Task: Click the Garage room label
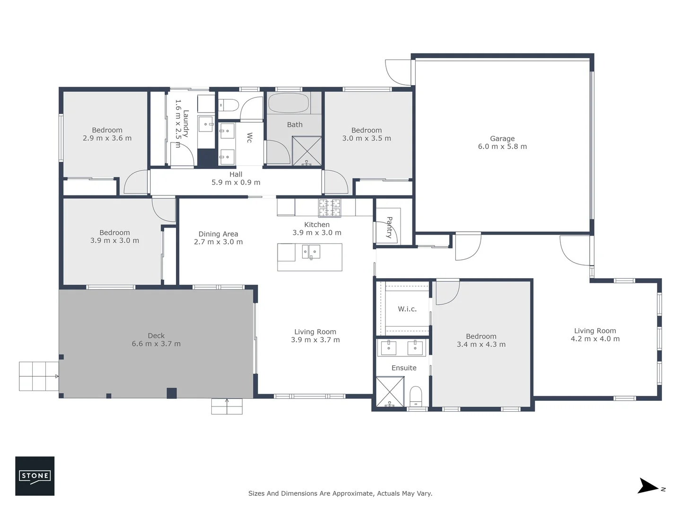(502, 139)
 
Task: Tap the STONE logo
(35, 476)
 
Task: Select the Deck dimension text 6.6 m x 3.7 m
(156, 344)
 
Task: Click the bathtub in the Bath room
(288, 103)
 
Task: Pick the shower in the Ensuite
(390, 391)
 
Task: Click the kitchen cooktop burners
(329, 208)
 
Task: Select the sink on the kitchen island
(311, 252)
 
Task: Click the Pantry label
(389, 227)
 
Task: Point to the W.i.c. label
(407, 309)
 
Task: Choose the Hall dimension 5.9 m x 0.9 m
(236, 182)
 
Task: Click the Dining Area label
(218, 234)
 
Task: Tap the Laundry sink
(206, 124)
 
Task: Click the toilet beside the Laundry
(230, 105)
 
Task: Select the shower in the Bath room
(306, 151)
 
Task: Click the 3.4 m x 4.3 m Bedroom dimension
(481, 344)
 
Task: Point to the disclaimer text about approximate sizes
(340, 493)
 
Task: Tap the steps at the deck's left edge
(39, 376)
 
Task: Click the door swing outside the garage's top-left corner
(398, 71)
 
